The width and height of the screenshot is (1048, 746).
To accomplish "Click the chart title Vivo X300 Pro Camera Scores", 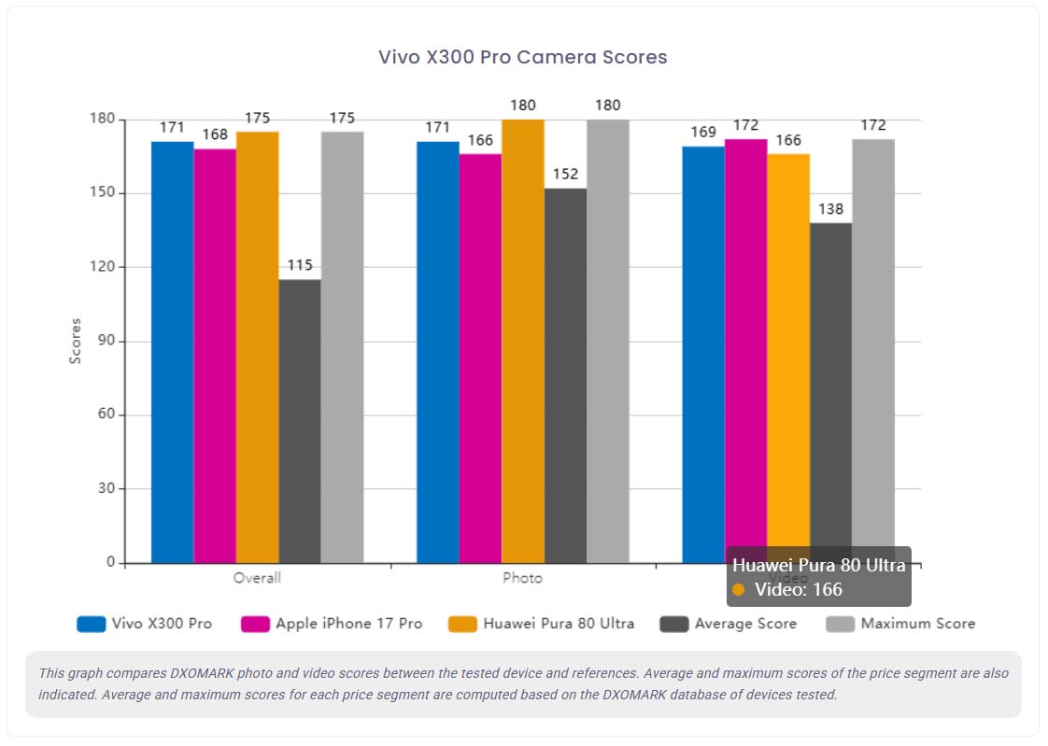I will [522, 57].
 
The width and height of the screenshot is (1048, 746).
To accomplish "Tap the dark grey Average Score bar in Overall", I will [300, 420].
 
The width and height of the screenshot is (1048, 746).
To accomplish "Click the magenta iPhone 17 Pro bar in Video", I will [745, 345].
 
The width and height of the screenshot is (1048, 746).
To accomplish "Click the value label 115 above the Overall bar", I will [300, 265].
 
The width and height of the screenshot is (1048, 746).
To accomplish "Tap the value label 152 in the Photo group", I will [565, 174].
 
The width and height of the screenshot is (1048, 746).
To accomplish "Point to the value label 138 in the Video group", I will [831, 208].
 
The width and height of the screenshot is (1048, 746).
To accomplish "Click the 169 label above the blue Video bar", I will [703, 132].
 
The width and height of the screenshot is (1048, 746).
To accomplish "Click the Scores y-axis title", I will [76, 341].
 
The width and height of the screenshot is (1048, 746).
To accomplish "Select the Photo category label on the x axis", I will [522, 578].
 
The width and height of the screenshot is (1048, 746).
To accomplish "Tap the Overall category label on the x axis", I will [257, 578].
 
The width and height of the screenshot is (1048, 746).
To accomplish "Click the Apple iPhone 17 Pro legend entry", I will [348, 624].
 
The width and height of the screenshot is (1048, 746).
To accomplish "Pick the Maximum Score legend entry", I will [917, 624].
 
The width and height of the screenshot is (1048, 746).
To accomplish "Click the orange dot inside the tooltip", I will [739, 590].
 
